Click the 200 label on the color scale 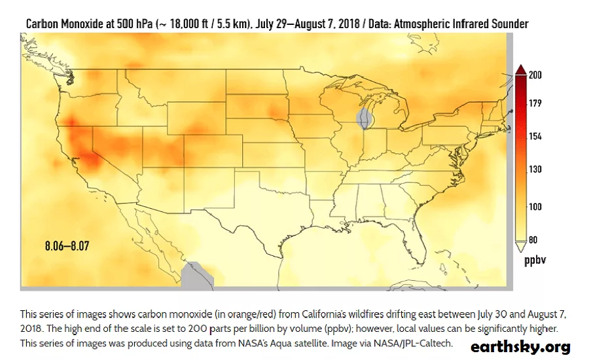pyautogui.click(x=535, y=75)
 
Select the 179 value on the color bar pyautogui.click(x=535, y=103)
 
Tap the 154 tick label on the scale pyautogui.click(x=535, y=136)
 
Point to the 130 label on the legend pyautogui.click(x=535, y=170)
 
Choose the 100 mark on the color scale pyautogui.click(x=535, y=207)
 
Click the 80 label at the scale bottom pyautogui.click(x=533, y=240)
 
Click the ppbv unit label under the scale pyautogui.click(x=535, y=261)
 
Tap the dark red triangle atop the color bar pyautogui.click(x=520, y=70)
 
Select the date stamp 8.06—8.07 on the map pyautogui.click(x=67, y=247)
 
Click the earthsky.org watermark pyautogui.click(x=520, y=347)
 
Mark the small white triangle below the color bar pyautogui.click(x=520, y=247)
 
